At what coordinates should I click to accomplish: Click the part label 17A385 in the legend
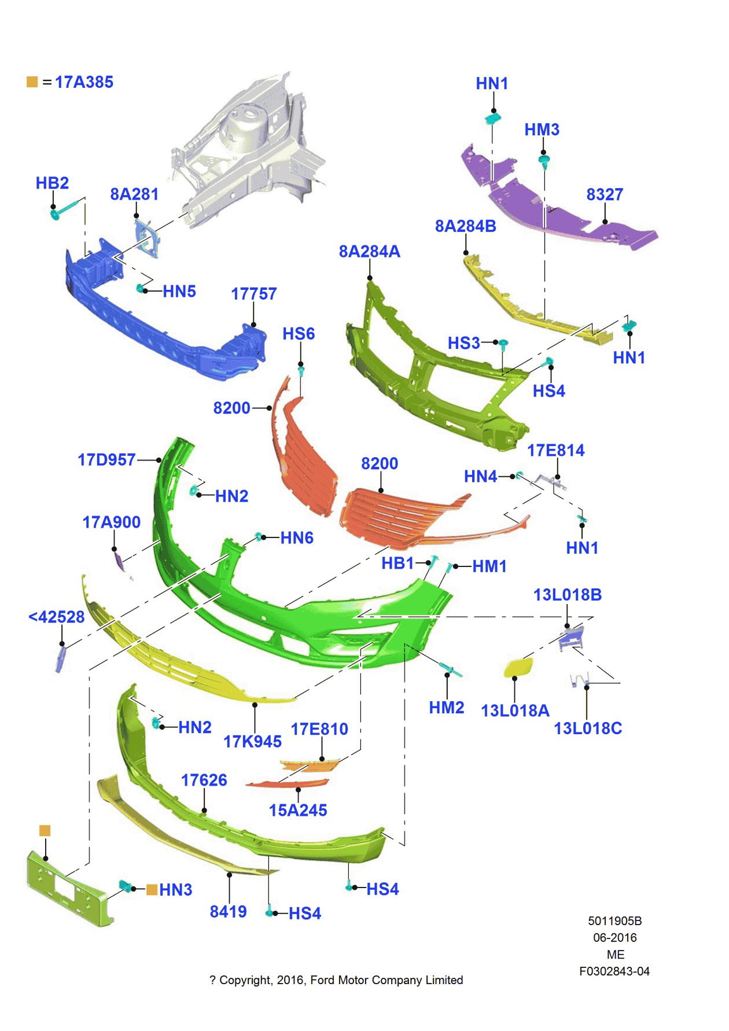pos(84,82)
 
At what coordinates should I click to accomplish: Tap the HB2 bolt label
pos(52,183)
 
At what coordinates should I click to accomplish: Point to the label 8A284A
pos(369,252)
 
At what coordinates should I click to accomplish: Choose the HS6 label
pos(299,334)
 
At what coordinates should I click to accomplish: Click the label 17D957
pos(106,460)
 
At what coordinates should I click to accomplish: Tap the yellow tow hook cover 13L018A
pos(518,667)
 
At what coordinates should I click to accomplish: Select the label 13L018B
pos(567,595)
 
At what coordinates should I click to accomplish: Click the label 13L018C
pos(588,728)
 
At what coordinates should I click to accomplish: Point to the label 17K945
pos(252,742)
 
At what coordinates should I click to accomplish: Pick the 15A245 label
pos(298,811)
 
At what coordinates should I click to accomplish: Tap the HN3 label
pos(175,890)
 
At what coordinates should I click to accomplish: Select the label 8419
pos(228,912)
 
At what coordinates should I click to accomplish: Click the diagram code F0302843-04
pos(614,971)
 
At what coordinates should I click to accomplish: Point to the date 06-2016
pos(614,937)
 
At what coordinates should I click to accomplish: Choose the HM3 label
pos(542,130)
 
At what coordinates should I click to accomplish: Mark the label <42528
pos(57,617)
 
